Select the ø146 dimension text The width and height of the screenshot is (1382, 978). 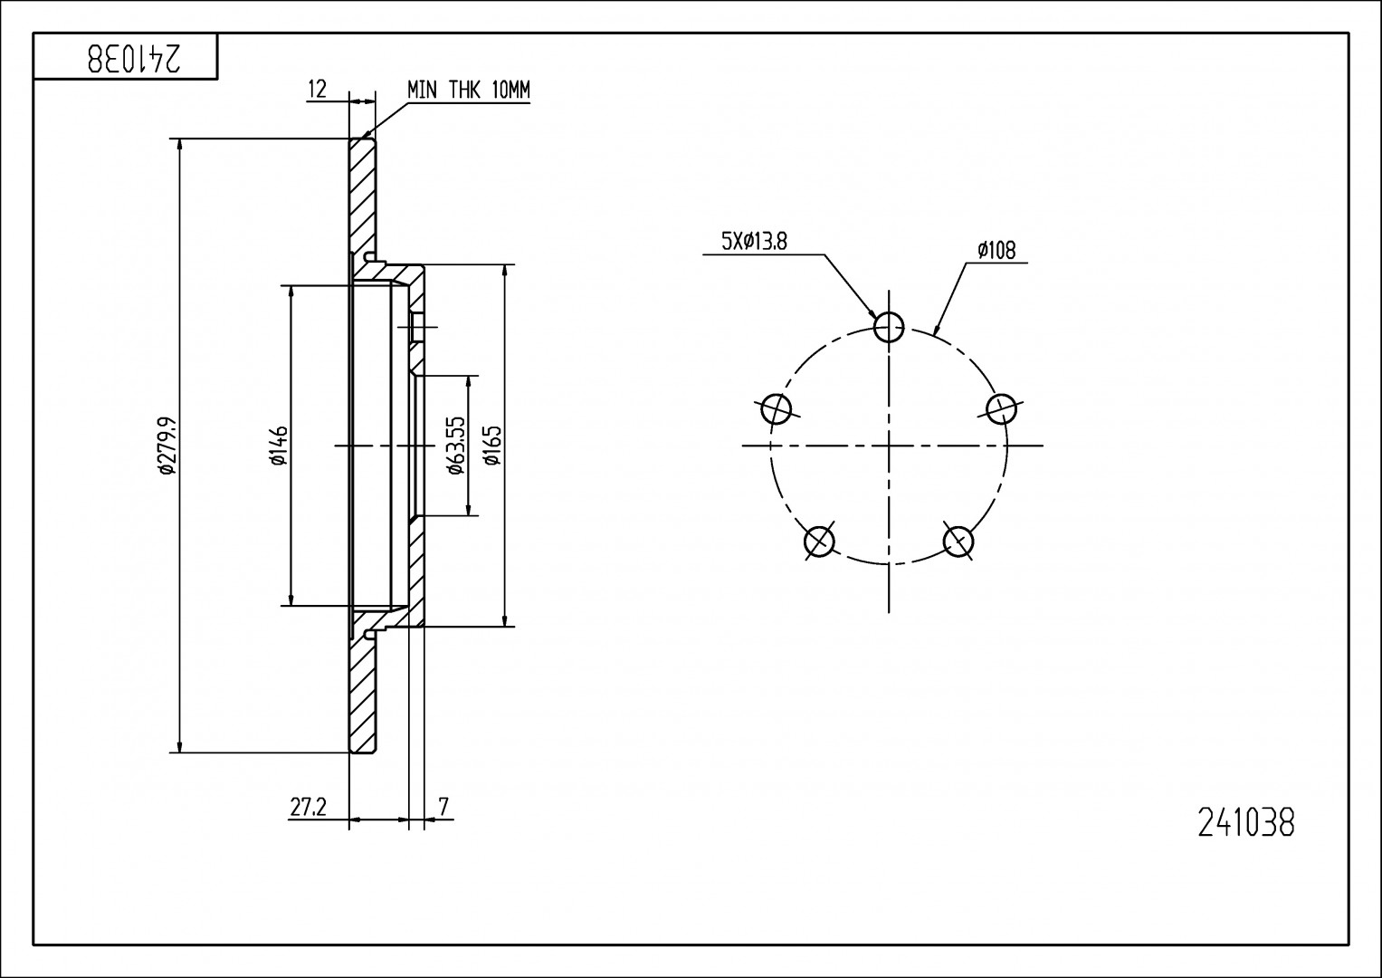tap(278, 446)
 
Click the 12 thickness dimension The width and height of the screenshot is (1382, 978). tap(317, 89)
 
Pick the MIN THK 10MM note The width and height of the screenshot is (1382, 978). tap(468, 90)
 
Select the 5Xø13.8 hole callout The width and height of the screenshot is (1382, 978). tap(753, 241)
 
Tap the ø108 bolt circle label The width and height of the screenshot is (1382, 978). tap(996, 250)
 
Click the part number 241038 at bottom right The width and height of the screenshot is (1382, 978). tap(1246, 823)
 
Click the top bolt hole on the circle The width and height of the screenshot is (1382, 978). tap(889, 326)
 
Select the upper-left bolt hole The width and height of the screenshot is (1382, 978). tap(777, 409)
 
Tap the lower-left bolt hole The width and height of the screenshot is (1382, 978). tap(819, 541)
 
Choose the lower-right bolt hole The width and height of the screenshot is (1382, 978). tap(958, 541)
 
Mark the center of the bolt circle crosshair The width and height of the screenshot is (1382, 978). tap(889, 446)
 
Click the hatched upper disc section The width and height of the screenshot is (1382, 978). tap(362, 199)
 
